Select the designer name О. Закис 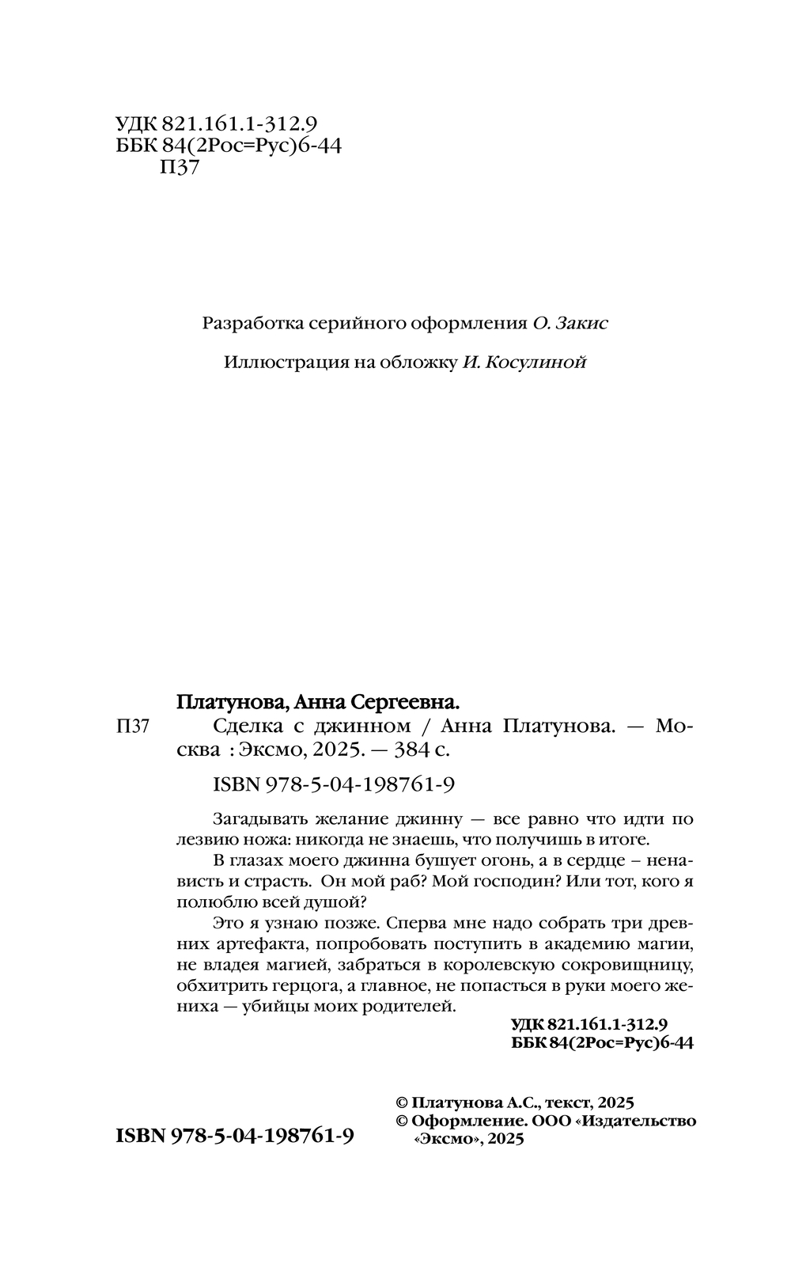[571, 324]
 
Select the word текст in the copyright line [569, 1103]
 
